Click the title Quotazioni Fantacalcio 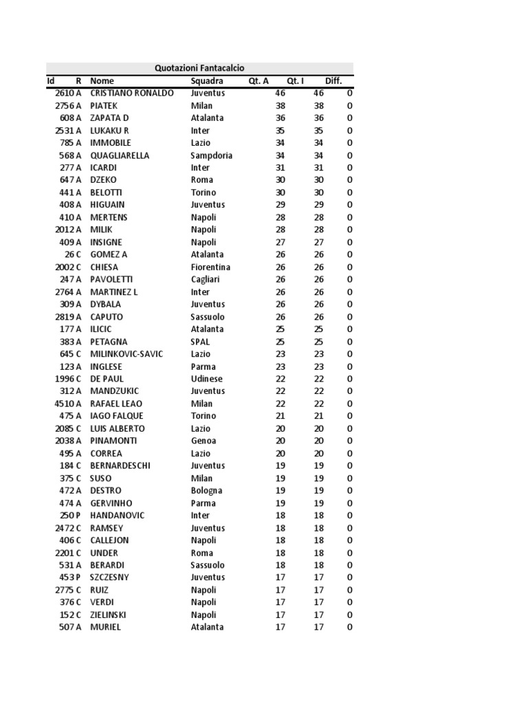tap(199, 68)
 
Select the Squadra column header tap(207, 81)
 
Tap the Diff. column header tap(333, 81)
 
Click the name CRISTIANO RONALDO tap(132, 93)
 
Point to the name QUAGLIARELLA tap(120, 155)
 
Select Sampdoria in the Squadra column tap(211, 155)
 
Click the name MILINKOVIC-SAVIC tap(126, 354)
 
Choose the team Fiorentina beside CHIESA tap(210, 267)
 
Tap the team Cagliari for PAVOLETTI tap(206, 279)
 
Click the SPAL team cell tap(200, 342)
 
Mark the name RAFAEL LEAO tap(116, 404)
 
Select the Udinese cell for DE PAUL tap(206, 379)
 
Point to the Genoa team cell tap(203, 441)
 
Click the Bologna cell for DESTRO tap(206, 491)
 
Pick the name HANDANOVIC tap(116, 516)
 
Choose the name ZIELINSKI tap(108, 615)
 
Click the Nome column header tap(102, 81)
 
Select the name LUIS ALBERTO tap(118, 428)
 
